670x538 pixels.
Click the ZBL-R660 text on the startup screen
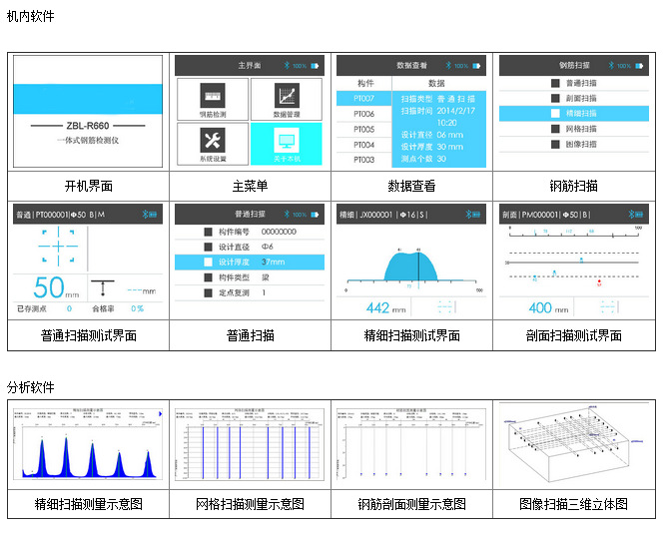click(88, 127)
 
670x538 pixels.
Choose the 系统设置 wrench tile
click(211, 144)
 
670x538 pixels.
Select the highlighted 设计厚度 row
click(249, 262)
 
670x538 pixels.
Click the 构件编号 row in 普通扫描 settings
click(249, 231)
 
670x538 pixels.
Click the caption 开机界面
click(88, 186)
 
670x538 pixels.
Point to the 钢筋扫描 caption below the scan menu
click(573, 186)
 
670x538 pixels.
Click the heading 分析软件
click(31, 386)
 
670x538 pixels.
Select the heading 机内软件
click(31, 17)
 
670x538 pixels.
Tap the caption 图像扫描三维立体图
click(574, 504)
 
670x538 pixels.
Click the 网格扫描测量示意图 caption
click(250, 504)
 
